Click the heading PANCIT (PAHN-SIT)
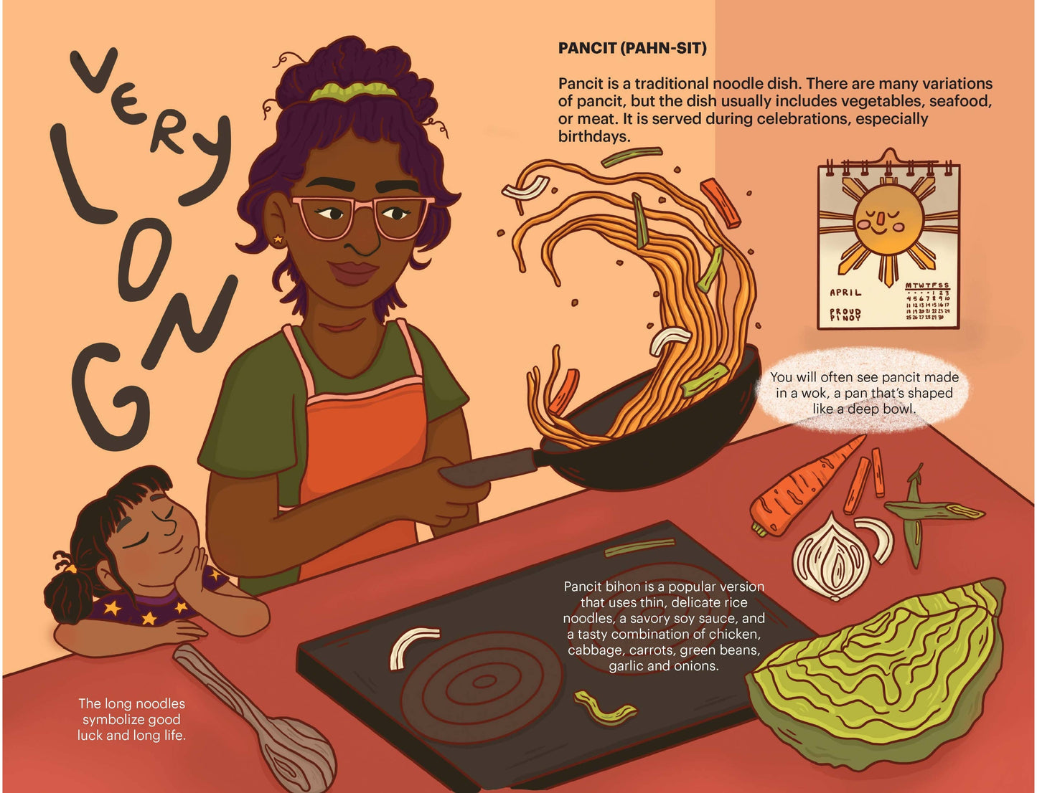click(632, 49)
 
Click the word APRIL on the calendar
click(845, 293)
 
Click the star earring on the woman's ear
click(278, 239)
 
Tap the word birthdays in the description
click(594, 136)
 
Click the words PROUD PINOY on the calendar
click(845, 315)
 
